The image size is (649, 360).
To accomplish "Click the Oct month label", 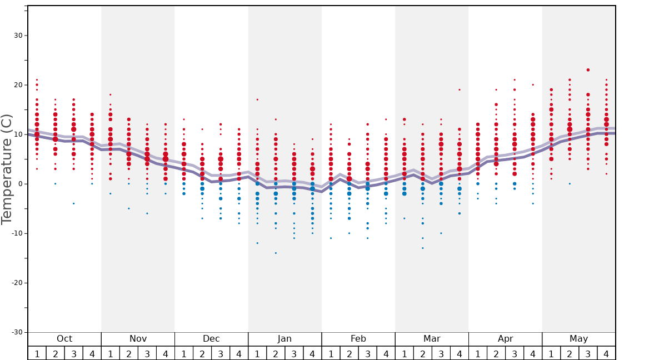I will point(64,339).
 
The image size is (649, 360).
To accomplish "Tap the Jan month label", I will point(284,339).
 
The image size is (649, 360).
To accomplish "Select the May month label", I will point(578,339).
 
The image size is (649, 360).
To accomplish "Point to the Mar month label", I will point(432,339).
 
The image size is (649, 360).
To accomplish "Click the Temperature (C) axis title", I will point(7,169).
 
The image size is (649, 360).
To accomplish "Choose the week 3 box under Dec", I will point(221,353).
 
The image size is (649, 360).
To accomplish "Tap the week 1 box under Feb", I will point(331,353).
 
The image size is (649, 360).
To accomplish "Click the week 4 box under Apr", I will point(533,353).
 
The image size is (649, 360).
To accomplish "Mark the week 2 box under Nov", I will point(129,353).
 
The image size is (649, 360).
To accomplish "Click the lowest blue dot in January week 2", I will point(276,253).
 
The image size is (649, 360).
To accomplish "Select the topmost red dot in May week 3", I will point(588,70).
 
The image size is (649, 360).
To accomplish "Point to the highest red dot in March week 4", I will point(460,89).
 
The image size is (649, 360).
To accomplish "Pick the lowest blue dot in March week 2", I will point(422,248).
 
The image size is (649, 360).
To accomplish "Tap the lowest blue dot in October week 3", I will point(74,203).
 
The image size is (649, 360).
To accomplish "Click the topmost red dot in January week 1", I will point(257,99).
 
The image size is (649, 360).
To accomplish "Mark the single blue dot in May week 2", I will point(570,183).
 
